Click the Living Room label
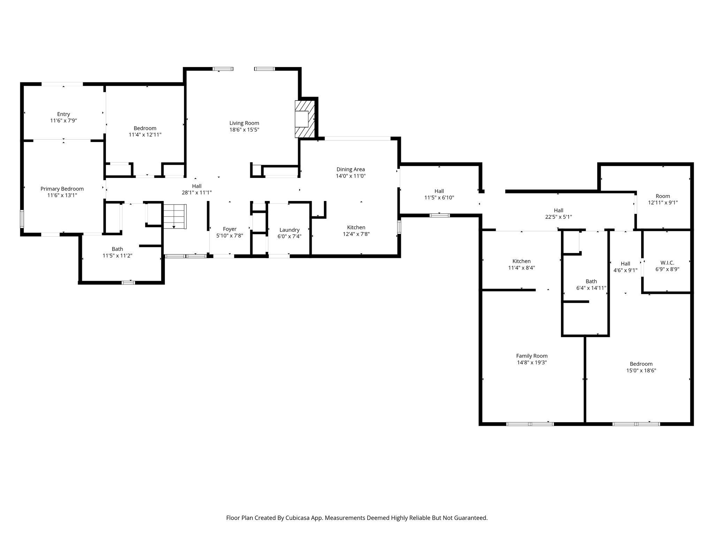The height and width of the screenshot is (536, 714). (244, 123)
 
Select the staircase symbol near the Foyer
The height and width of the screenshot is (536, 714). (175, 216)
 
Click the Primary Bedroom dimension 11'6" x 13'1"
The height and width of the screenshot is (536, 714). (62, 195)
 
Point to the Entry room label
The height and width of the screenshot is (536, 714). (63, 114)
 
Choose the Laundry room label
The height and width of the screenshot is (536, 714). (289, 230)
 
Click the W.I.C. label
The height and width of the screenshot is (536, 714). (667, 263)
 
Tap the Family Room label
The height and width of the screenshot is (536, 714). (532, 356)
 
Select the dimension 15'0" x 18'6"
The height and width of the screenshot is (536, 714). (641, 371)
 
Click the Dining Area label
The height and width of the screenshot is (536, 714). (350, 170)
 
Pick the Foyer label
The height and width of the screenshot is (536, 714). (230, 229)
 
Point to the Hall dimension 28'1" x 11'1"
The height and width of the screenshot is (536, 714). (197, 193)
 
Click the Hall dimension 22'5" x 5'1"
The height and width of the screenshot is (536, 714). (559, 217)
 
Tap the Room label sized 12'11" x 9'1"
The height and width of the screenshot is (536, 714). (663, 196)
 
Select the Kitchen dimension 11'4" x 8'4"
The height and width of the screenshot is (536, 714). (522, 268)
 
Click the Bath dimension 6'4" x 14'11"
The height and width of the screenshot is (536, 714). (591, 288)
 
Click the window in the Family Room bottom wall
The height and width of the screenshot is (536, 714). (530, 424)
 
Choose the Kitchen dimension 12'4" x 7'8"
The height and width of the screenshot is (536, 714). (356, 234)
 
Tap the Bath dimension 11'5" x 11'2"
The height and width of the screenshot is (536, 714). (117, 256)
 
